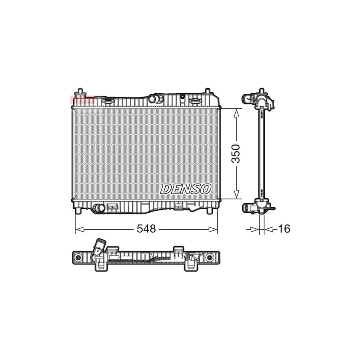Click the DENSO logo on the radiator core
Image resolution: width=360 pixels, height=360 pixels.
(186, 188)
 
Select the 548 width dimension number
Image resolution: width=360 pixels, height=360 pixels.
(146, 229)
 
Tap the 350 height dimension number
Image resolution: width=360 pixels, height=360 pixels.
(236, 153)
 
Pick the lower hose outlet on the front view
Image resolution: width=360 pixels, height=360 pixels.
(98, 208)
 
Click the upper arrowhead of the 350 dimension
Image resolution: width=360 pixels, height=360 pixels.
(236, 112)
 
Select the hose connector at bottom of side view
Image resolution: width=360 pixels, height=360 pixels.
(250, 207)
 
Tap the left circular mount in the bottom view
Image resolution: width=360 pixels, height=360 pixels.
(79, 257)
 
